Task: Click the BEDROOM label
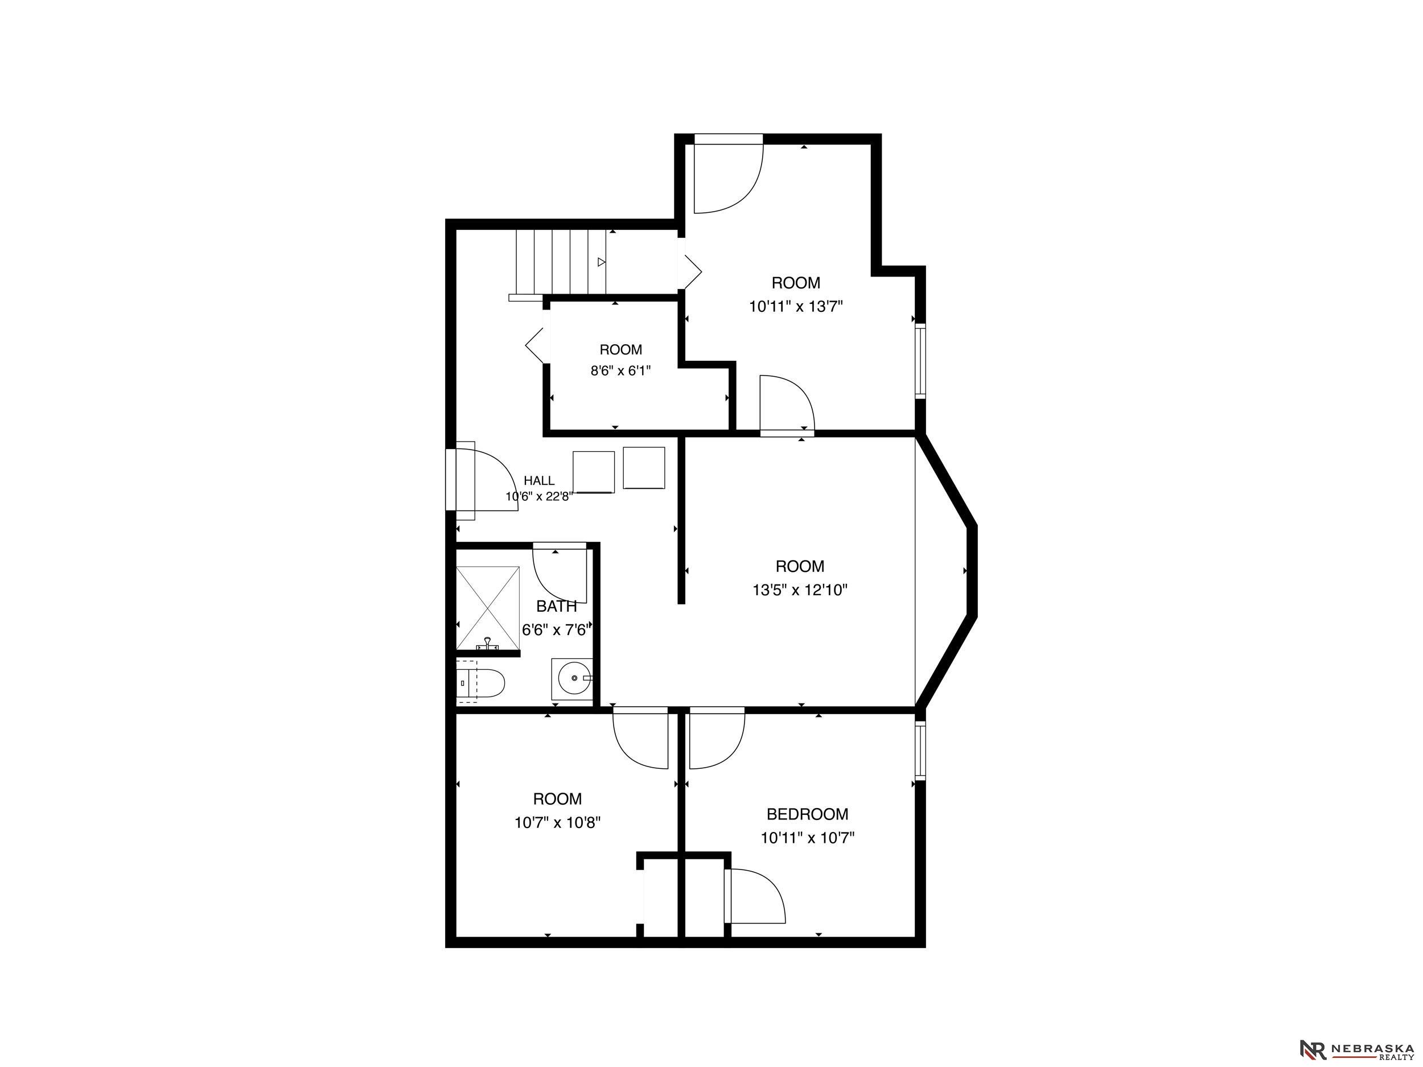(807, 814)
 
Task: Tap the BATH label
(557, 606)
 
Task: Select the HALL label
(539, 480)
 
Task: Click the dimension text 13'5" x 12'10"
(800, 590)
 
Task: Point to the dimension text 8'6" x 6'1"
(621, 370)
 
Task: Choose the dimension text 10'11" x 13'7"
(796, 306)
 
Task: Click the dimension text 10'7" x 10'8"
(558, 823)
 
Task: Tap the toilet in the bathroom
(480, 683)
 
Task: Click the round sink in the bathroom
(572, 678)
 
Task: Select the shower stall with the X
(488, 608)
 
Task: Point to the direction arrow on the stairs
(602, 262)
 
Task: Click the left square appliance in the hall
(593, 473)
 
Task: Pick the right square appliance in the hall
(644, 468)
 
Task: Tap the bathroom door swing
(560, 574)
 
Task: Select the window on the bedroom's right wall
(920, 751)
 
